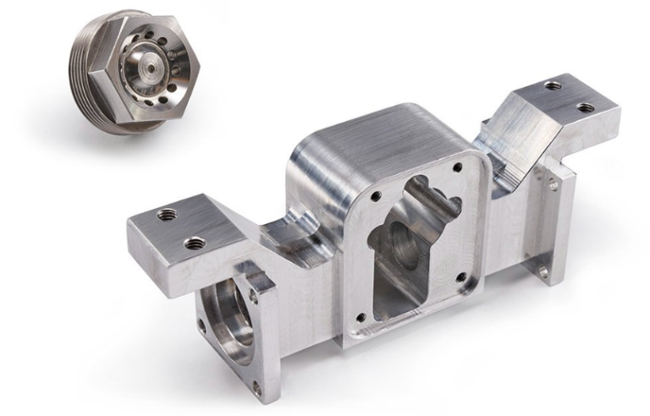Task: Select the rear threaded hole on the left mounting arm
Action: pos(168,215)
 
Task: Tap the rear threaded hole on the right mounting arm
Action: pos(552,85)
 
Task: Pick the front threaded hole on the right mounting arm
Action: pos(584,107)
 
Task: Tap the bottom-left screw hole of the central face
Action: pos(362,317)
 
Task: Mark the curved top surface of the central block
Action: pos(372,135)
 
